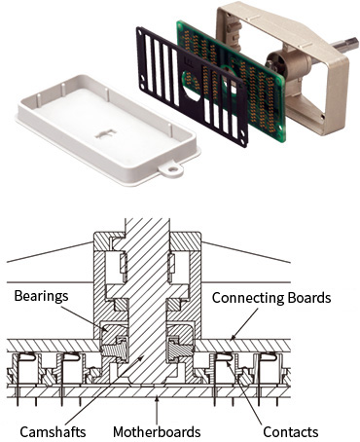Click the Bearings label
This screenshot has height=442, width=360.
[x=41, y=296]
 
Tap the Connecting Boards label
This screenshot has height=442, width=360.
[x=271, y=298]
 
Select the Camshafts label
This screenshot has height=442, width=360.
[x=53, y=432]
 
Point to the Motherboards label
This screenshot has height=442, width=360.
[x=157, y=432]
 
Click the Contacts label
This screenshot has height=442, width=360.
[x=291, y=432]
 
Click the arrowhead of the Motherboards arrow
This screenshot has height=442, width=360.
[x=157, y=398]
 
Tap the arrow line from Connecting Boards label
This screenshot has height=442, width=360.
[x=243, y=324]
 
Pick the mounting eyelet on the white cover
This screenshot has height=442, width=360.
[x=170, y=168]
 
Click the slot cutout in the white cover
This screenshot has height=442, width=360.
[x=106, y=133]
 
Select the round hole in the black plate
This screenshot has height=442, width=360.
[x=192, y=85]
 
